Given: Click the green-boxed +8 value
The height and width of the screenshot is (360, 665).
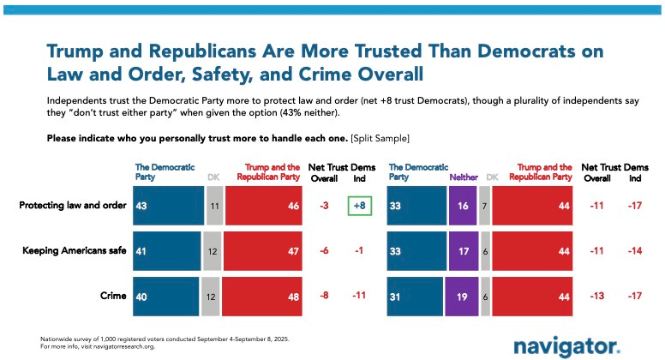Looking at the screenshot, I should pyautogui.click(x=361, y=207).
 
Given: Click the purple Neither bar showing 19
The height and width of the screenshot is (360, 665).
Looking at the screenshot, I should pyautogui.click(x=462, y=297).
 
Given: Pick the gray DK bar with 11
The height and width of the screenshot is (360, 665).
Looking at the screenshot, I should pyautogui.click(x=214, y=207).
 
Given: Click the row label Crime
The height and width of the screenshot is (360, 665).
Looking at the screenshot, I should pyautogui.click(x=112, y=297).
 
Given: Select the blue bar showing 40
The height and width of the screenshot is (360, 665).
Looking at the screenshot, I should pyautogui.click(x=165, y=297).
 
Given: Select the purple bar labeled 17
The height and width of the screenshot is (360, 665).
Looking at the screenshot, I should pyautogui.click(x=463, y=251).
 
